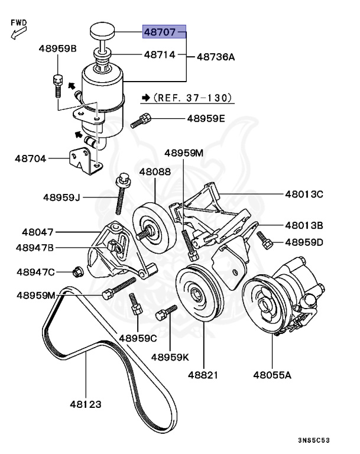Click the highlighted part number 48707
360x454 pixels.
point(164,31)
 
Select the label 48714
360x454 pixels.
point(160,55)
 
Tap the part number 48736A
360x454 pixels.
point(215,57)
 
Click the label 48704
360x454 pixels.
point(31,158)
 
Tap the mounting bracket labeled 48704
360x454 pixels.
point(82,160)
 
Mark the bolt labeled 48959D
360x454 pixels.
point(264,240)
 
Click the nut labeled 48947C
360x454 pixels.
point(77,272)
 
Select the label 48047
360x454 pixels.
point(38,232)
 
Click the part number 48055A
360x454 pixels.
point(273,374)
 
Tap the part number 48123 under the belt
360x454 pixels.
point(85,405)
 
